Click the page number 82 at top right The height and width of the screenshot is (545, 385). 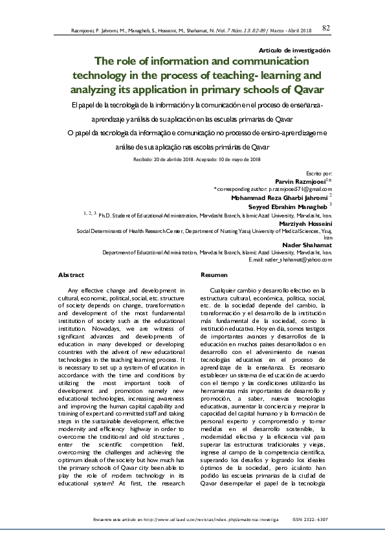coord(326,27)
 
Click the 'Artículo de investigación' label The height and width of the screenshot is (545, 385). coord(294,50)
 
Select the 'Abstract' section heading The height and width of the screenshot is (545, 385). coord(71,275)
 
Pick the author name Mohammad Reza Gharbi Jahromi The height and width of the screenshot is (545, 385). coord(282,196)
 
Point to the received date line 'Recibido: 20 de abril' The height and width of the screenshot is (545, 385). coord(162,159)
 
